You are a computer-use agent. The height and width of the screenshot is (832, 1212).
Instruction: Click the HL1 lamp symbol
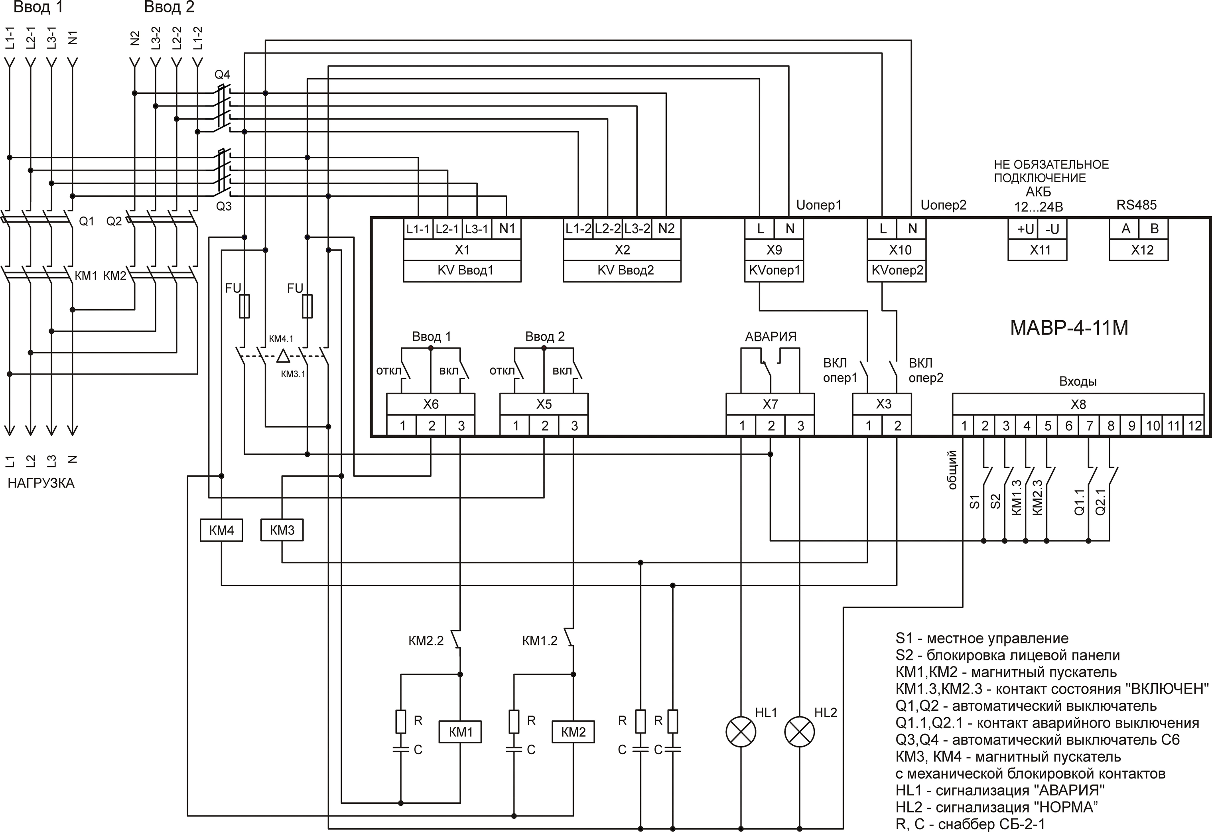741,731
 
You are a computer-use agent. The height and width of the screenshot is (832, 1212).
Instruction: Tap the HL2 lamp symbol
800,731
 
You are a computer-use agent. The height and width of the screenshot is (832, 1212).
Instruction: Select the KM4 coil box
222,530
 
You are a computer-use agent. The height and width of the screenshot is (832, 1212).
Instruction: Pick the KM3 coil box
282,530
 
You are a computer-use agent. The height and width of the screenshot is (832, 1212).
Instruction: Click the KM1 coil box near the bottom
460,732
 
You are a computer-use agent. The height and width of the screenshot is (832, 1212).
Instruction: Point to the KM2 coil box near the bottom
573,732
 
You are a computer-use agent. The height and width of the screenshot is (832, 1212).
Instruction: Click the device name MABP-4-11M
1069,327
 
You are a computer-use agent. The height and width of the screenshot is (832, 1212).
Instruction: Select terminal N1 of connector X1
506,229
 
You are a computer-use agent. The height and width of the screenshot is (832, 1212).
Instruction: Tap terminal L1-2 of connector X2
578,229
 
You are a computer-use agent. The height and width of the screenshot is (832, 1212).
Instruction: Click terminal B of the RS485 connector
1154,229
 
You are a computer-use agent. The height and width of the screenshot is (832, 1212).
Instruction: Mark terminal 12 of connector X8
1194,426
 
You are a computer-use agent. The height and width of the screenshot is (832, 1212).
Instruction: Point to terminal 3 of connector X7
800,426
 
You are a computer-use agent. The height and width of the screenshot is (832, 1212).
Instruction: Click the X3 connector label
883,404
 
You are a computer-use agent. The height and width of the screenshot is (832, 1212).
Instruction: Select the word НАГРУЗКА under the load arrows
41,483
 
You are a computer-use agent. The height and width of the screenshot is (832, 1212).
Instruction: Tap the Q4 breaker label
222,75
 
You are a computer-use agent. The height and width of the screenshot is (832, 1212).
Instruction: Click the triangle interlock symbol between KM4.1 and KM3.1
283,356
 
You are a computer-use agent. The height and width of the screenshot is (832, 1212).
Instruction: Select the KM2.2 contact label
426,641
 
